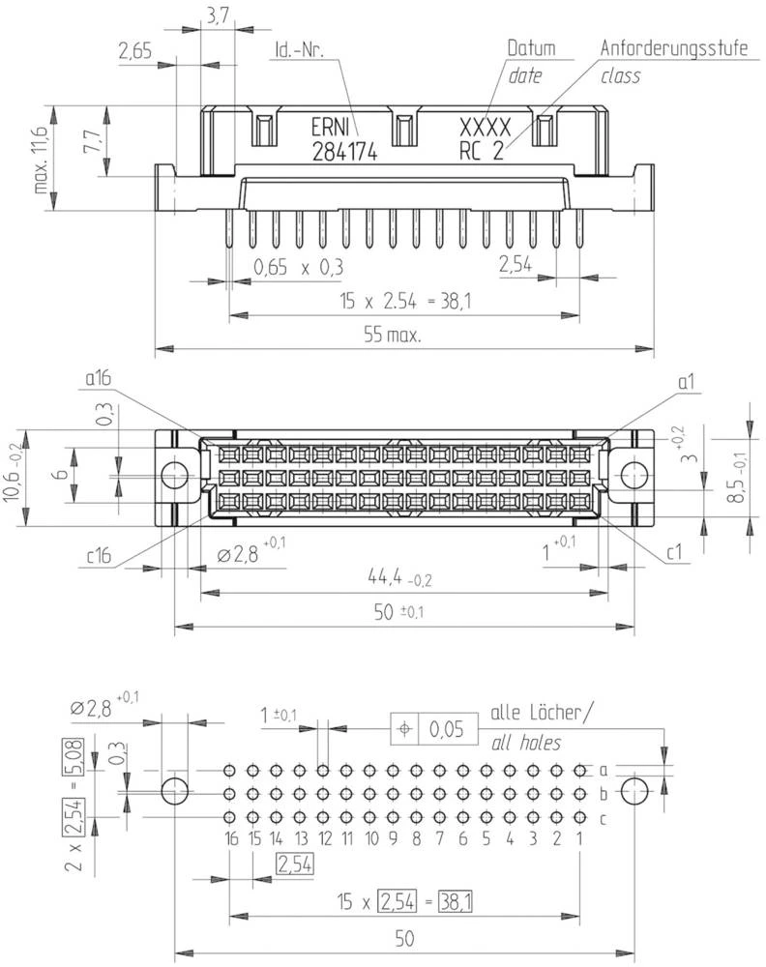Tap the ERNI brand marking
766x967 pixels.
[x=332, y=128]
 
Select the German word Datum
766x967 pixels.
[x=532, y=47]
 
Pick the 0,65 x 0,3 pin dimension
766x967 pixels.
[x=299, y=266]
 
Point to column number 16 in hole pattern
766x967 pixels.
[x=229, y=837]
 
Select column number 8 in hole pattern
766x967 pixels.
[x=416, y=837]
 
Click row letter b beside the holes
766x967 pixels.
[x=603, y=795]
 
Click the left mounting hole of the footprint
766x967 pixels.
[x=174, y=790]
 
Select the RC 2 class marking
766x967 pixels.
[x=480, y=150]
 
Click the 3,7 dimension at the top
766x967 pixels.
[x=217, y=15]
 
